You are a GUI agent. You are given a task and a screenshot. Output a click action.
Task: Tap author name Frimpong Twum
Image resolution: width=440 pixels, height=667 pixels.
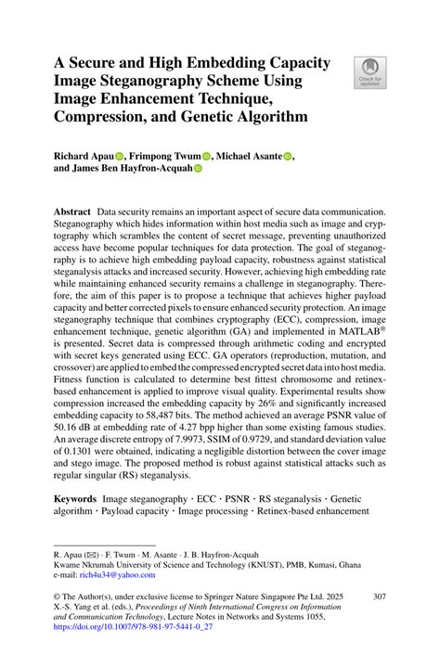click(167, 157)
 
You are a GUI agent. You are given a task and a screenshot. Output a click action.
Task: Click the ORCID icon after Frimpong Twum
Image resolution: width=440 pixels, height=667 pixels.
click(207, 157)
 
